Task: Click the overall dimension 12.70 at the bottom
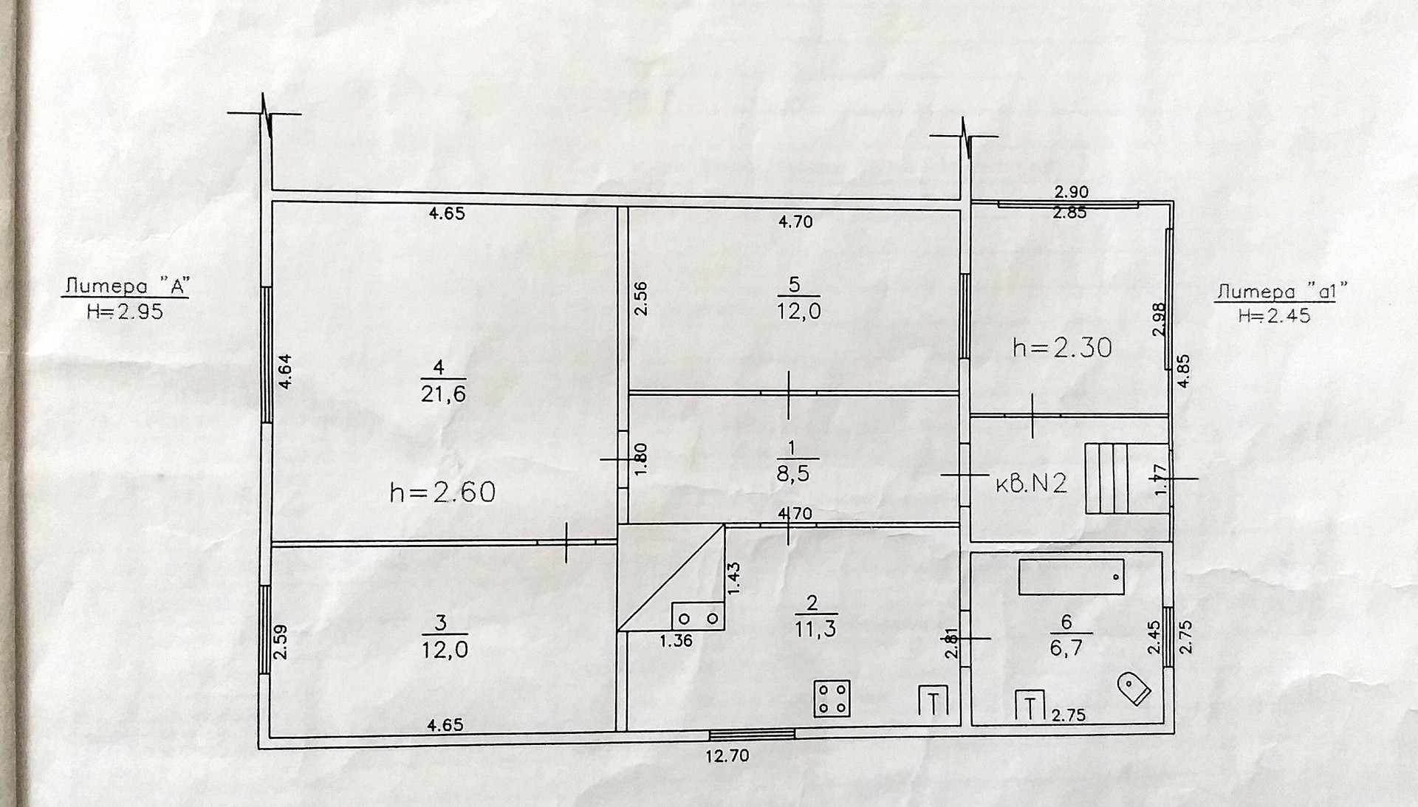pyautogui.click(x=727, y=755)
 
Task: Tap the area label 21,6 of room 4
pyautogui.click(x=444, y=394)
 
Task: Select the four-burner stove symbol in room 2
pyautogui.click(x=832, y=698)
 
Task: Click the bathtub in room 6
pyautogui.click(x=1071, y=577)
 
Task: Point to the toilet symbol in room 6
pyautogui.click(x=1134, y=689)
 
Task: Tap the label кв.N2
pyautogui.click(x=1032, y=484)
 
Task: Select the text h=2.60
pyautogui.click(x=442, y=492)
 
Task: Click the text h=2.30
pyautogui.click(x=1062, y=347)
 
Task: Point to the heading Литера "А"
pyautogui.click(x=125, y=286)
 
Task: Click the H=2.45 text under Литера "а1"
pyautogui.click(x=1274, y=316)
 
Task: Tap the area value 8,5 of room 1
pyautogui.click(x=792, y=473)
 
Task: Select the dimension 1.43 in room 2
pyautogui.click(x=734, y=579)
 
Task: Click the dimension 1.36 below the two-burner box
pyautogui.click(x=676, y=641)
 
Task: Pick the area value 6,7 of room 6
pyautogui.click(x=1066, y=648)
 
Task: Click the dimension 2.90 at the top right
pyautogui.click(x=1071, y=192)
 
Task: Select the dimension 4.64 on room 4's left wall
pyautogui.click(x=285, y=371)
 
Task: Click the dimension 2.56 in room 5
pyautogui.click(x=641, y=299)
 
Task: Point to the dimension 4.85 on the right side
pyautogui.click(x=1183, y=372)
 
